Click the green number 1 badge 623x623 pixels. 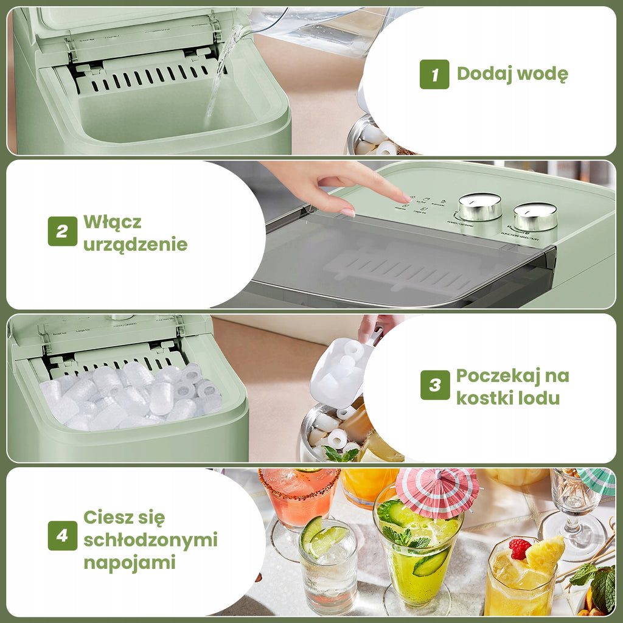[434, 74]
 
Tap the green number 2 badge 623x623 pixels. [63, 231]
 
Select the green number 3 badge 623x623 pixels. [435, 385]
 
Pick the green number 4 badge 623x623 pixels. [63, 535]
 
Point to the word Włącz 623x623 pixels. [112, 221]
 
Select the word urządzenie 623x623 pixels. [136, 245]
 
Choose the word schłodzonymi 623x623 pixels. [151, 540]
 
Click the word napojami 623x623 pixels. [129, 563]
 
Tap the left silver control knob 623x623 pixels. [480, 207]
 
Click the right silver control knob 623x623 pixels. [535, 217]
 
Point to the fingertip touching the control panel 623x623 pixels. [405, 198]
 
